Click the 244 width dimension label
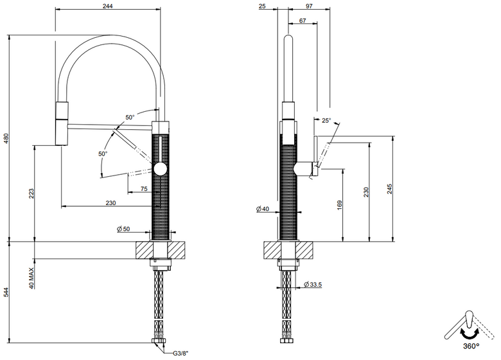(x=108, y=6)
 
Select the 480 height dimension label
(x=6, y=138)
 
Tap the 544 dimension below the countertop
(x=6, y=292)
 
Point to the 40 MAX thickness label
(x=32, y=278)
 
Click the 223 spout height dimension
(x=31, y=194)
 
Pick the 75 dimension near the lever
(x=144, y=188)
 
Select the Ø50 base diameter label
(x=124, y=229)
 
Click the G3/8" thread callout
(x=181, y=354)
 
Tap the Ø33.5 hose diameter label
(x=313, y=284)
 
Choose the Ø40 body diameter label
(x=263, y=209)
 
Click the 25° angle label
(x=326, y=120)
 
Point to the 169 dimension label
(x=339, y=205)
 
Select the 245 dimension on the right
(x=389, y=189)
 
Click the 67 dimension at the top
(x=303, y=21)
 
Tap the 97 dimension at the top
(x=309, y=6)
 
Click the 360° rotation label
(x=471, y=346)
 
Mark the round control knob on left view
(x=160, y=168)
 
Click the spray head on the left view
(x=62, y=123)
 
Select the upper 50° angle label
(x=130, y=118)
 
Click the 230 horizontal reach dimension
(x=110, y=203)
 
